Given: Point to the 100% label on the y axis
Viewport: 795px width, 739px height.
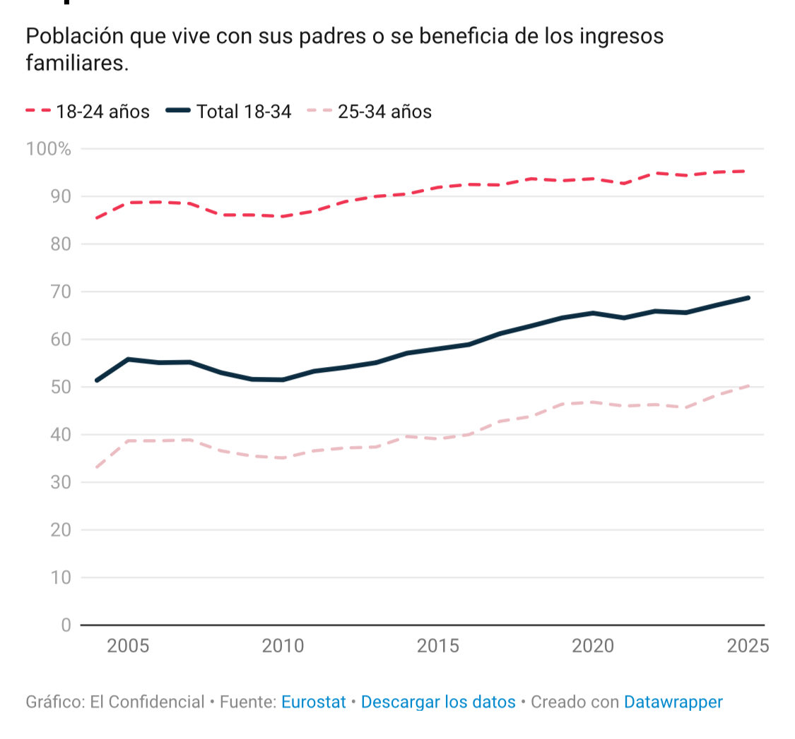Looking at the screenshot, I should [x=49, y=149].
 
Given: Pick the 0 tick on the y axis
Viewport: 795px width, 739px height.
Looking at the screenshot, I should [x=66, y=625].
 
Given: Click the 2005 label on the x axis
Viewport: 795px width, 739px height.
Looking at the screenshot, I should [x=128, y=647].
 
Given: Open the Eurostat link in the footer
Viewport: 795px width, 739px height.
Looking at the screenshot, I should [x=313, y=702].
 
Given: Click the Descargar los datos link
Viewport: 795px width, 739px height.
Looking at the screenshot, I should [x=438, y=702].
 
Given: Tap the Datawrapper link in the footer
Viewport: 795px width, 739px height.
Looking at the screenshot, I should [x=673, y=702].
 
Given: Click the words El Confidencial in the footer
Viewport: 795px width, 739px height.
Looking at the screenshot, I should [x=147, y=702].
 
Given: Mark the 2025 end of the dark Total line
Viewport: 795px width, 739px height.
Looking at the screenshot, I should [x=748, y=298].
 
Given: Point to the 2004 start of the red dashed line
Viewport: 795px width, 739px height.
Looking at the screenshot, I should [x=97, y=218].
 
